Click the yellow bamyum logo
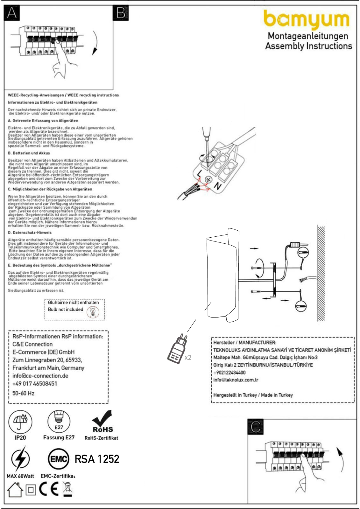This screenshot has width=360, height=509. tap(307, 20)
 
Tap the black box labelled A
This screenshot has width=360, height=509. tap(12, 13)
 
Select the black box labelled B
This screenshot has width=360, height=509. tap(121, 13)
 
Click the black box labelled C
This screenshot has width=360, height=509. tap(256, 427)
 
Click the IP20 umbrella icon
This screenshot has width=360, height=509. tap(20, 422)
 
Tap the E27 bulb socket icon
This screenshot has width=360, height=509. tap(59, 422)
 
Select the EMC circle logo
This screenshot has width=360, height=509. tap(58, 459)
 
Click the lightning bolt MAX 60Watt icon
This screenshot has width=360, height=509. tap(20, 459)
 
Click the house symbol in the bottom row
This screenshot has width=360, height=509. tap(15, 490)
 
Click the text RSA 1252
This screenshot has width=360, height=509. tap(97, 459)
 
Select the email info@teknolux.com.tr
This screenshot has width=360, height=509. tap(236, 380)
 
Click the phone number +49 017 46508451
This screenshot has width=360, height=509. tap(35, 384)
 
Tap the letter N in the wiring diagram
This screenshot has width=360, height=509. tap(217, 186)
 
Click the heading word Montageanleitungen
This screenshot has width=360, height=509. tap(308, 36)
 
